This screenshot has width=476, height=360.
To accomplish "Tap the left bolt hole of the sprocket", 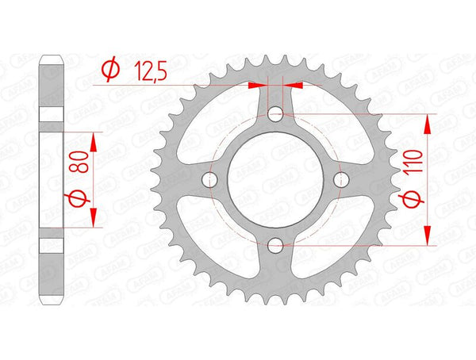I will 210,180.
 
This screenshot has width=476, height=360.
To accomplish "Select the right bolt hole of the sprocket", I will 341,180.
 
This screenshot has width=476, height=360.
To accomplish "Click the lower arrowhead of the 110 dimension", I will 429,238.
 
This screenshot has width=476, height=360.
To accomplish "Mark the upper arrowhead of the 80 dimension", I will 94,140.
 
